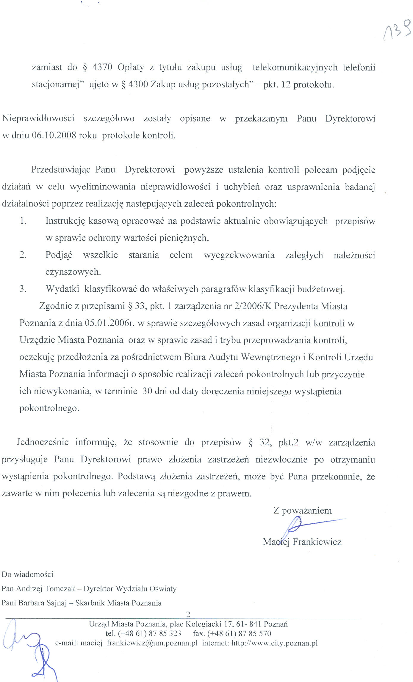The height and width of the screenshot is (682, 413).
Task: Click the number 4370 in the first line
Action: click(102, 67)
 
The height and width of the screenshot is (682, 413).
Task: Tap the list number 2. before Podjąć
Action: click(23, 255)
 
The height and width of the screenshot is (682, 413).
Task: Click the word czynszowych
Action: click(73, 272)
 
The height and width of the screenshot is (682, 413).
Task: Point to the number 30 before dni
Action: click(148, 391)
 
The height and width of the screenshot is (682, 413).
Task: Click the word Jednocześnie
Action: click(43, 442)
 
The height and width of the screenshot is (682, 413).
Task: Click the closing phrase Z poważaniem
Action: click(302, 511)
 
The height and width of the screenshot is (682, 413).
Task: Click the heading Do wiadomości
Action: click(27, 574)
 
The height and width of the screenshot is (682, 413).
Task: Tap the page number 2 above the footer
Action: click(188, 614)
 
